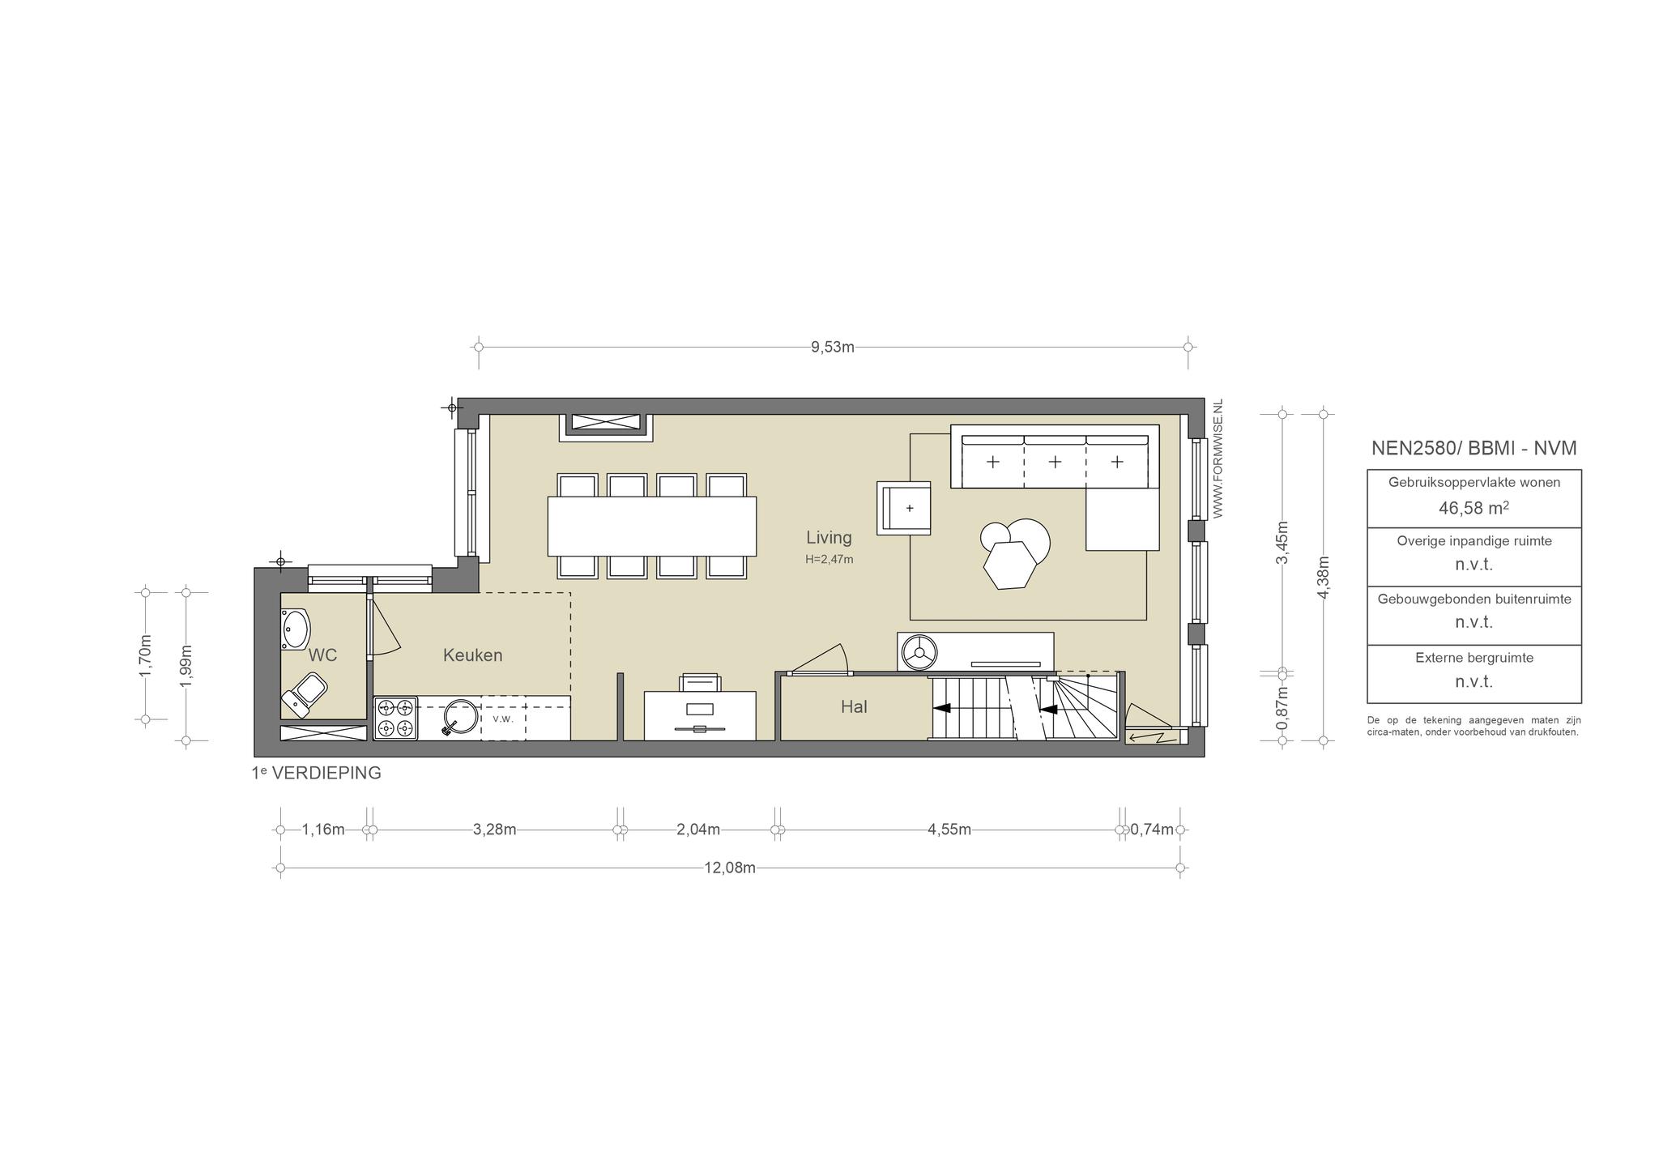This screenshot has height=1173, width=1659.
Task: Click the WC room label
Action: click(322, 655)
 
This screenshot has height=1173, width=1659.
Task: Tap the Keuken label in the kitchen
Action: click(473, 655)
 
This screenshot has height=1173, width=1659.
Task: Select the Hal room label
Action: click(854, 707)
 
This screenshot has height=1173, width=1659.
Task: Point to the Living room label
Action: click(829, 537)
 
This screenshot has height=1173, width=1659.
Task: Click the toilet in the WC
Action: click(305, 693)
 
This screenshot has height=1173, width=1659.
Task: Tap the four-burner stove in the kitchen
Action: click(396, 719)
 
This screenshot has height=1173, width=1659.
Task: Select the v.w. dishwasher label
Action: click(503, 719)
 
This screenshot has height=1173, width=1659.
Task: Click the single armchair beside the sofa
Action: click(904, 508)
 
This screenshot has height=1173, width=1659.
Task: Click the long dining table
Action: click(652, 527)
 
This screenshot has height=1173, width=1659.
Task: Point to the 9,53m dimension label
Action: click(833, 348)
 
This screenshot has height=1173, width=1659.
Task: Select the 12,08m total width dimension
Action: click(730, 868)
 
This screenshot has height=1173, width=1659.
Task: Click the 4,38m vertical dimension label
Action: click(1323, 578)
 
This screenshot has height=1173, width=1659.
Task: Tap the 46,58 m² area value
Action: click(1473, 509)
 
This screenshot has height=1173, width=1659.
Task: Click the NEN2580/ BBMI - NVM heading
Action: click(1473, 448)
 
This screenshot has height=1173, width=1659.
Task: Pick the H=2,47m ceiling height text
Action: click(829, 559)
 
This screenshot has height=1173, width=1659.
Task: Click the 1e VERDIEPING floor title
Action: click(317, 773)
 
